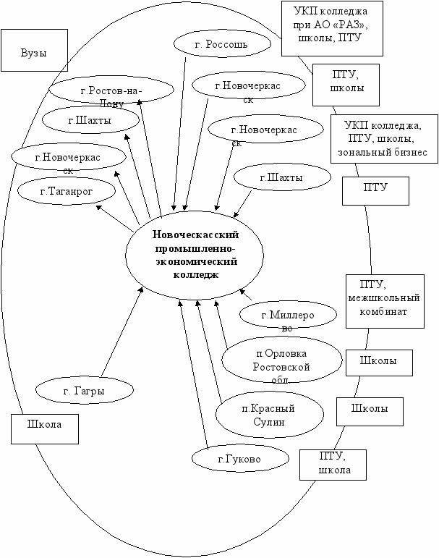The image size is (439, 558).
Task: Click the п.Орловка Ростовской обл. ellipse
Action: pyautogui.click(x=281, y=360)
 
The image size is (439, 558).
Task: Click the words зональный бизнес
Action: pyautogui.click(x=383, y=152)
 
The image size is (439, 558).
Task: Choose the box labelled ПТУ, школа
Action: pyautogui.click(x=333, y=463)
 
